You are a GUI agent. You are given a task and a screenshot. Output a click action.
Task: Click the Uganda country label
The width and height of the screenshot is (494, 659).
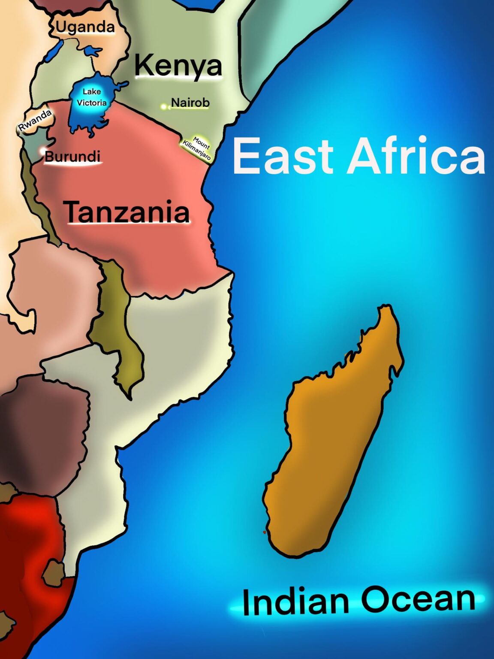coord(85,27)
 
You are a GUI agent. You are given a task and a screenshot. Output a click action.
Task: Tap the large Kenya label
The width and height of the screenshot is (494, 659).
coord(178,66)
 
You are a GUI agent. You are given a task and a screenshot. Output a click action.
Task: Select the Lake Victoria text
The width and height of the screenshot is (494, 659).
coord(91,97)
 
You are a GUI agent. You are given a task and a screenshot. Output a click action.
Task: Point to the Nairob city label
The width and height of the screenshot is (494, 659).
coord(190,103)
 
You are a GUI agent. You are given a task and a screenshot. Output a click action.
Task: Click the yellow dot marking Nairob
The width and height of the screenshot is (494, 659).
coord(164,106)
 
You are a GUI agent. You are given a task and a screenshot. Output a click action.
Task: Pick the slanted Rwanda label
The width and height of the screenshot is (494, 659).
coord(35,120)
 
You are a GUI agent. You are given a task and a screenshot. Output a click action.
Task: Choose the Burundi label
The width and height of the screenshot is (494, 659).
coord(72,157)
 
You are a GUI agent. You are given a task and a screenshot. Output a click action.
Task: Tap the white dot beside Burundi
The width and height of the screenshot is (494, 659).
coord(42,151)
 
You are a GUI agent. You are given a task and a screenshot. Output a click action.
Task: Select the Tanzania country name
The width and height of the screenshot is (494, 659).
coord(127,212)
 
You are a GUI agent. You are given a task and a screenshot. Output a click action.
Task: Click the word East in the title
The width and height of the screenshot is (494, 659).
coord(283,156)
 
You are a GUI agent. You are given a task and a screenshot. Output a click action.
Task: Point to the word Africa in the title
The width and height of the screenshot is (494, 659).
coord(416,156)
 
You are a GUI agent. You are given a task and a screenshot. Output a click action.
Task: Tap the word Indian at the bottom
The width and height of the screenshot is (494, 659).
coord(295,602)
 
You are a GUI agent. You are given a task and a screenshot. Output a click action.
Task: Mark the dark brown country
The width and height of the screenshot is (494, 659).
coord(43,433)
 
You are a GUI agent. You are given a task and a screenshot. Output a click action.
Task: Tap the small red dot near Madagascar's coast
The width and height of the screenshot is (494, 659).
coord(264,532)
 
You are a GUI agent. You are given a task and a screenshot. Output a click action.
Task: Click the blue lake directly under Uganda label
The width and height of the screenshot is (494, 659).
coord(92,52)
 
